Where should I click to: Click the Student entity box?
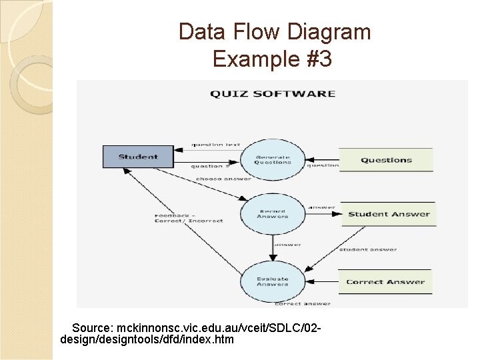(x=138, y=157)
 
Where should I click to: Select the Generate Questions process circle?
(x=273, y=159)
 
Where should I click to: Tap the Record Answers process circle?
(x=273, y=213)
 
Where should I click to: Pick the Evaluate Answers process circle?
(x=273, y=281)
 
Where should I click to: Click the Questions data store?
(x=387, y=160)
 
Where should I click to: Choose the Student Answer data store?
(x=389, y=214)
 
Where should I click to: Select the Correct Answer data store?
(x=385, y=282)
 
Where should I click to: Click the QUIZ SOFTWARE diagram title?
(x=273, y=93)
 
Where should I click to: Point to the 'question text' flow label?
(x=215, y=145)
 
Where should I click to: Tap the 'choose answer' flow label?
(x=223, y=179)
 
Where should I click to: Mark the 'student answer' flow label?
(x=368, y=249)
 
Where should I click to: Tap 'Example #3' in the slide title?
(x=272, y=59)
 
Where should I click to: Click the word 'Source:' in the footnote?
(x=93, y=329)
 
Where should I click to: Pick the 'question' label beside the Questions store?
(x=322, y=166)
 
